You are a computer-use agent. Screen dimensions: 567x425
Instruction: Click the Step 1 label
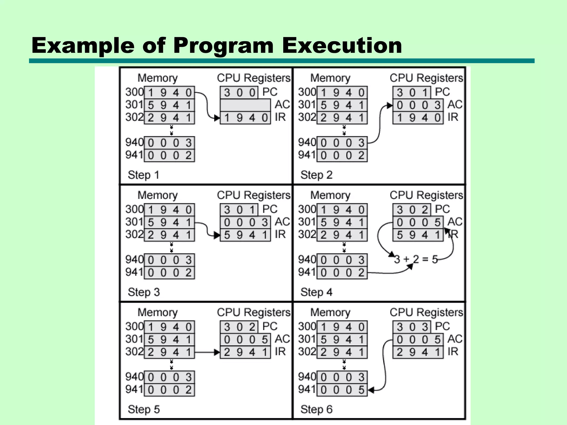(x=143, y=175)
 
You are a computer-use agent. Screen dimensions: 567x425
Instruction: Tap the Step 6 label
(x=316, y=409)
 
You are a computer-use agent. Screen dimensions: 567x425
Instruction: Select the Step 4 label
(x=316, y=292)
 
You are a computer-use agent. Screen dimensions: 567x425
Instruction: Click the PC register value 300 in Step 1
(x=239, y=92)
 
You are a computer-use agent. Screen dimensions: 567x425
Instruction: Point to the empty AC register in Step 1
(x=245, y=105)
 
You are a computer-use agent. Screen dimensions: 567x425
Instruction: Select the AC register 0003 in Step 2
(x=418, y=105)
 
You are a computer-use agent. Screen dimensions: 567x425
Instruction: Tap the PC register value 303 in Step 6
(x=412, y=327)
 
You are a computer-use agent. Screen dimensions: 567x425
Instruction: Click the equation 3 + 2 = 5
(x=416, y=260)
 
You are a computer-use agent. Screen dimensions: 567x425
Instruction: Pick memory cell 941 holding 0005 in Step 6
(x=342, y=390)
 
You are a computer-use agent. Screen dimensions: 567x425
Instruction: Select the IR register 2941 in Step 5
(x=245, y=352)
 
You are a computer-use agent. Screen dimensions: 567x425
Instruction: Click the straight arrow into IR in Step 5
(x=207, y=353)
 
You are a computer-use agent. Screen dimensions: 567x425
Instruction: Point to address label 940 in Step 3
(x=134, y=260)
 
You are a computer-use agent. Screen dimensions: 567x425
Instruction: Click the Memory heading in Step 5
(x=158, y=312)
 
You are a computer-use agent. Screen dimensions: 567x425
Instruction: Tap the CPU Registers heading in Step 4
(x=426, y=195)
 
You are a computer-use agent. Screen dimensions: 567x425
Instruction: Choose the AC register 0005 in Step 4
(x=418, y=222)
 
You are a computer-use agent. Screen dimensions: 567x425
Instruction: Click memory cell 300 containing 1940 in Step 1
(x=169, y=92)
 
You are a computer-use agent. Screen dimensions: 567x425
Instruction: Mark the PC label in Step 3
(x=270, y=209)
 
